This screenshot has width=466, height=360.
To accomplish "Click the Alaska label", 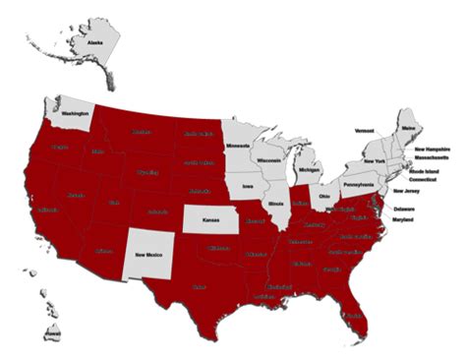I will click(x=95, y=43).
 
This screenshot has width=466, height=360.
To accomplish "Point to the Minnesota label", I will click(x=239, y=147).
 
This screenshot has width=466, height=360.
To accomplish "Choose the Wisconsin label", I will click(x=268, y=159).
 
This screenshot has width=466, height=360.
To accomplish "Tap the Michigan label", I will click(x=309, y=170).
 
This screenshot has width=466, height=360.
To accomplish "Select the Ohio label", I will click(x=324, y=197).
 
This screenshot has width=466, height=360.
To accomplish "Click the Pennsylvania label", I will click(x=361, y=184).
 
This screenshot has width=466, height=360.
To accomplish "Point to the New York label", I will click(x=374, y=161).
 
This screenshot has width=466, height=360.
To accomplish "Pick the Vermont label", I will click(x=365, y=130).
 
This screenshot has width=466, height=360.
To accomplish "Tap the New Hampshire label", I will click(x=433, y=149).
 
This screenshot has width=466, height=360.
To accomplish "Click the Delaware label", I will click(x=404, y=210).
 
